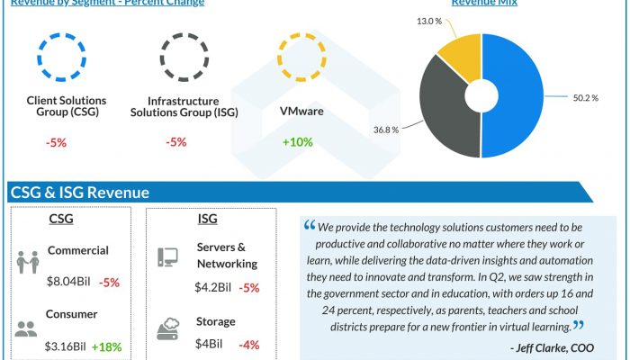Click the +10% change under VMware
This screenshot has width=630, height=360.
[297, 142]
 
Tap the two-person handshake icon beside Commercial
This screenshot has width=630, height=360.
[27, 262]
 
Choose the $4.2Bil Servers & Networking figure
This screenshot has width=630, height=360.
[213, 288]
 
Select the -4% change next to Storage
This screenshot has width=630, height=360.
[249, 346]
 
